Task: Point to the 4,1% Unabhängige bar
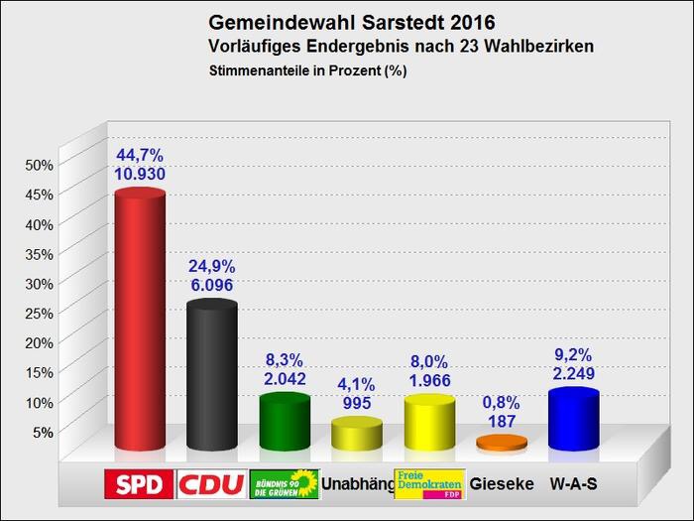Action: coord(356,435)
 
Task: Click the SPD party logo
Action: coord(140,484)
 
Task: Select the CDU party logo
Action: coord(211,484)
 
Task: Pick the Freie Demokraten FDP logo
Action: coord(429,483)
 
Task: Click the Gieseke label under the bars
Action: coord(502,484)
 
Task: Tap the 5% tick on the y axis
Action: coord(42,432)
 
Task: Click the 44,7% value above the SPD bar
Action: coord(139,154)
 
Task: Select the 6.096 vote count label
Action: coord(212,284)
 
